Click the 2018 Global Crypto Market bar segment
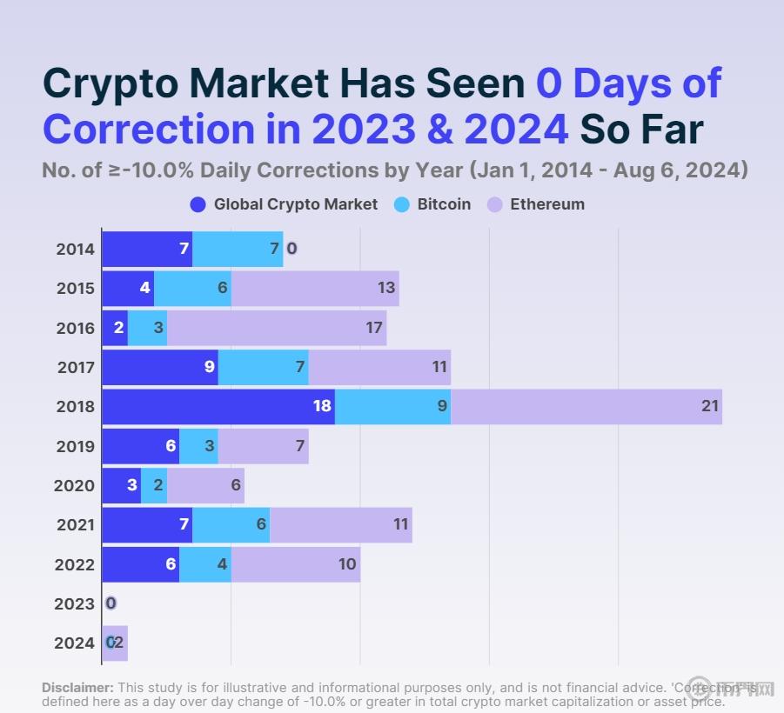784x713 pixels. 218,406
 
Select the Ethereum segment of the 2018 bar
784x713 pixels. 586,406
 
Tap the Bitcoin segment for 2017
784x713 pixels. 263,367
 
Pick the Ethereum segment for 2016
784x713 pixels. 276,328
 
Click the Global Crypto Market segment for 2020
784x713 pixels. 121,485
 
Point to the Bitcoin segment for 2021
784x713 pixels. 231,524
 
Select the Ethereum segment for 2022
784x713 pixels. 295,564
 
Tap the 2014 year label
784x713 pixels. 75,250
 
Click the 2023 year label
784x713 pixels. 75,603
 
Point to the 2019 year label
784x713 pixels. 75,446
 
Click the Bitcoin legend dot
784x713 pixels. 402,204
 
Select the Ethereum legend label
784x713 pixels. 546,204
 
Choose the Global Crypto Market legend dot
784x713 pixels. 198,204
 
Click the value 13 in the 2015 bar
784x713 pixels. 386,288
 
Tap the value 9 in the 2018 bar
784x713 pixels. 442,406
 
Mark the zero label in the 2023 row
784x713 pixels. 111,603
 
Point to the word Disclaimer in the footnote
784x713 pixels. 77,687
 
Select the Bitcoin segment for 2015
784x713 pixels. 192,289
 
